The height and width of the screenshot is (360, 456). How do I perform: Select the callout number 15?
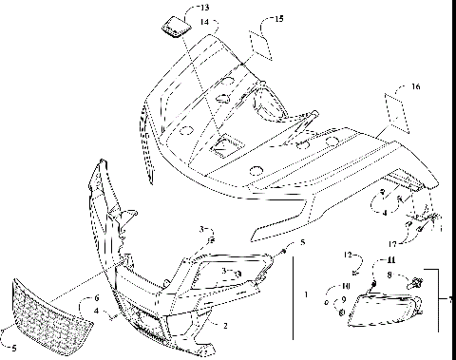277,19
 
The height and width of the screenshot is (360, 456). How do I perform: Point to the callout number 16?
413,86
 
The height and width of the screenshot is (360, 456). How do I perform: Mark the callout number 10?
346,285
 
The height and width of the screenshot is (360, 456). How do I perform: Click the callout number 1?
305,295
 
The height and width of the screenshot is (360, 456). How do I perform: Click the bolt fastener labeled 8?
418,281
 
